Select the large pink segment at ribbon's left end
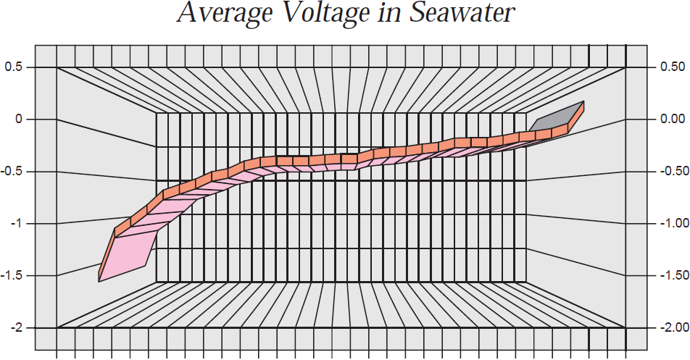tap(130, 250)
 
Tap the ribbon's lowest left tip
tap(99, 280)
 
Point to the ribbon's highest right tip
tap(583, 103)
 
